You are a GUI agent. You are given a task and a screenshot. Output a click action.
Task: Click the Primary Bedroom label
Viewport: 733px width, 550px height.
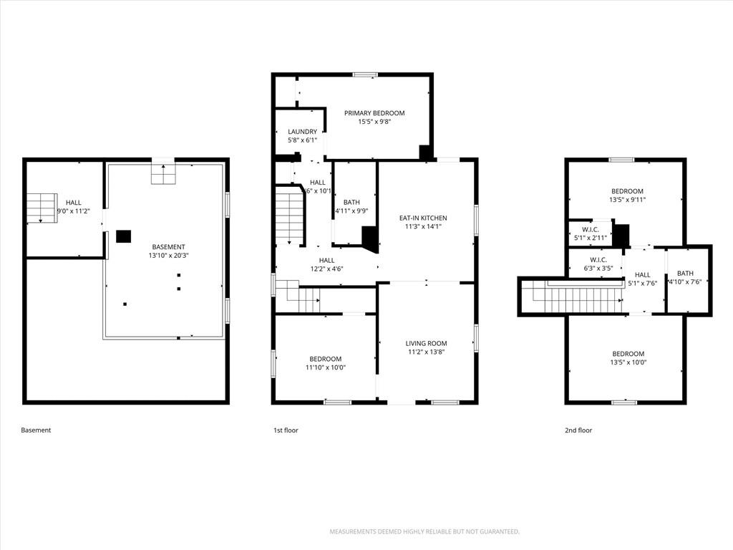coord(374,112)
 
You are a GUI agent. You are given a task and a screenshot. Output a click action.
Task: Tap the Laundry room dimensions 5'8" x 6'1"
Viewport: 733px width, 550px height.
coord(303,140)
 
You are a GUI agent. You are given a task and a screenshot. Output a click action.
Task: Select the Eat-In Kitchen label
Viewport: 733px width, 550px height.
coord(423,218)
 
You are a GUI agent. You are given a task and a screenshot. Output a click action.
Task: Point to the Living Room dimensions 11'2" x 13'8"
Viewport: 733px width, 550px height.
coord(426,352)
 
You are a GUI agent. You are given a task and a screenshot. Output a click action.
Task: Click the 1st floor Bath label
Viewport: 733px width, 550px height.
coord(351,202)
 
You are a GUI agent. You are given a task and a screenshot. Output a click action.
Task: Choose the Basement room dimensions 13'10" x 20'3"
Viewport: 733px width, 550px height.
coord(169,256)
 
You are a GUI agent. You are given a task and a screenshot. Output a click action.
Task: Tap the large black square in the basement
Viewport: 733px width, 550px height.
coord(123,236)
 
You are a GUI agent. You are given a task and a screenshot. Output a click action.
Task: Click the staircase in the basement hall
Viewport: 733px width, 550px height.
coord(42,208)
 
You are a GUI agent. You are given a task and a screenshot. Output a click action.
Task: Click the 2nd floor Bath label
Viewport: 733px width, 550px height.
coord(685,273)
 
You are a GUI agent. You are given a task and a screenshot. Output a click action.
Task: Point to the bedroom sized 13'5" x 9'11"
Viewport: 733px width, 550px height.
coord(627,195)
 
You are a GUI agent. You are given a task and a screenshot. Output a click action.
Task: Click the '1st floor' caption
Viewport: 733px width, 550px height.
coord(286,430)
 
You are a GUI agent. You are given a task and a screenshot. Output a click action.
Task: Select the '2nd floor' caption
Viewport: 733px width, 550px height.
coord(578,430)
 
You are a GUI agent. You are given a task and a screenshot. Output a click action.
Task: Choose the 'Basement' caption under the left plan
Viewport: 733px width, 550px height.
coord(36,430)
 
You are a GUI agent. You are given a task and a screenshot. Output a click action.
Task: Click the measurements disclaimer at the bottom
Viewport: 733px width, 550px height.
coord(424,532)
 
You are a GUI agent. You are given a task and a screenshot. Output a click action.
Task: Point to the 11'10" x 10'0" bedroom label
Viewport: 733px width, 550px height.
coord(326,363)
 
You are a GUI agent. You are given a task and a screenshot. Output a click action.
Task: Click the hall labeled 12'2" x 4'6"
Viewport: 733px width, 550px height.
coord(326,264)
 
